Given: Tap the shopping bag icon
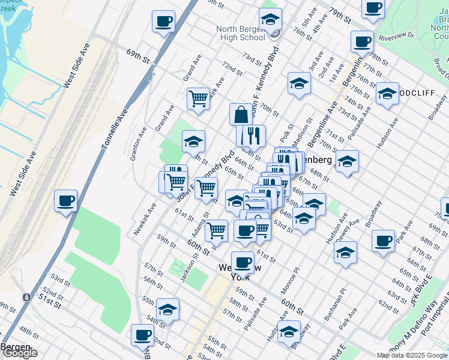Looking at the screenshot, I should pos(241,114).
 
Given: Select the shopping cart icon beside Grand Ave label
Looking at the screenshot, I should pos(198,98).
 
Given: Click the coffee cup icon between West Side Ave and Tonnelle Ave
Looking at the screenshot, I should pos(66,201).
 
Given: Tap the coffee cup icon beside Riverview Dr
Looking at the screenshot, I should pos(361,42).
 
